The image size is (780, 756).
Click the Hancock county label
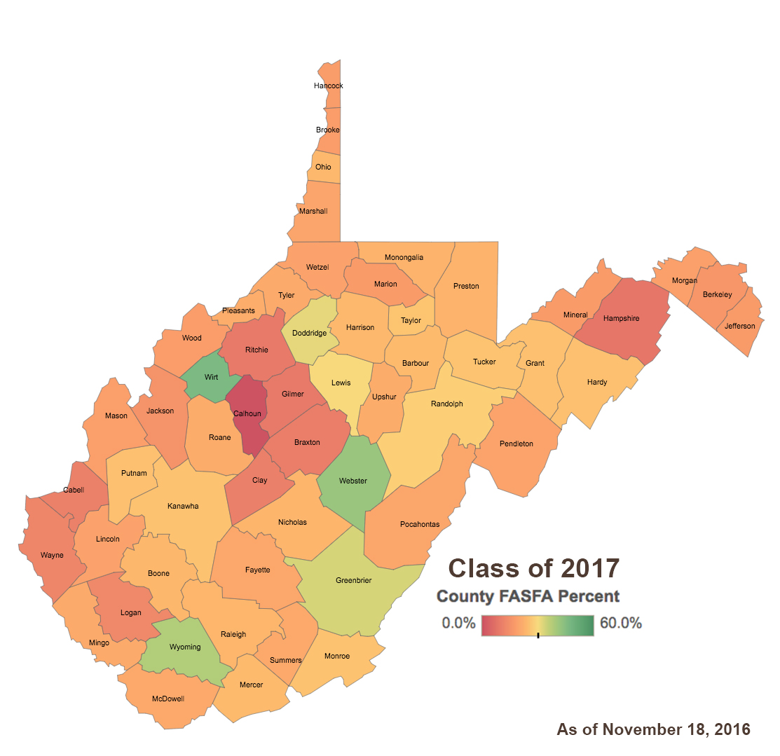329,85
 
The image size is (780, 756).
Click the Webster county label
353,481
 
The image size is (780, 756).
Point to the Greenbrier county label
353,580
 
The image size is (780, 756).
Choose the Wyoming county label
185,647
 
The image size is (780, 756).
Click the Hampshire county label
621,318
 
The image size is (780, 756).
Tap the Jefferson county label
740,326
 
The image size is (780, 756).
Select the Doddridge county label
309,334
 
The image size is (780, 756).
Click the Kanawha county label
183,506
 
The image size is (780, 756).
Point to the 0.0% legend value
459,623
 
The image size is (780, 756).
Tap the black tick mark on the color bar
538,635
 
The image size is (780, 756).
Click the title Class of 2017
533,568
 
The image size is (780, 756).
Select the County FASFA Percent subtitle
528,596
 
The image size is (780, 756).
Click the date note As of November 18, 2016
653,729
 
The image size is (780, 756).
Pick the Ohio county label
323,167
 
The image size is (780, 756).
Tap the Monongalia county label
404,257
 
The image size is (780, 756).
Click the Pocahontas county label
420,524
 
